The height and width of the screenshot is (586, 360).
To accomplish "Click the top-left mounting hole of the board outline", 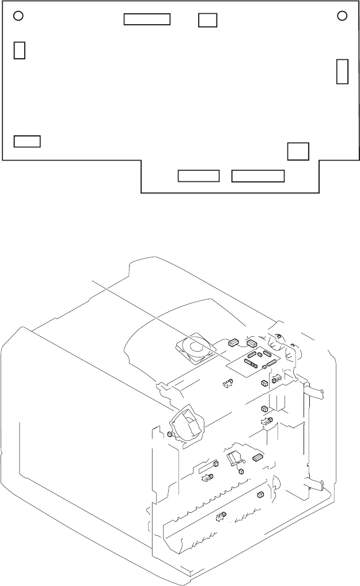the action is point(18,16).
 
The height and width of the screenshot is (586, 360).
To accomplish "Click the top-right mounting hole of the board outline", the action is point(342,16).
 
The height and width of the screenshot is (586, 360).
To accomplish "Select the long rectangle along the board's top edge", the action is point(147,19).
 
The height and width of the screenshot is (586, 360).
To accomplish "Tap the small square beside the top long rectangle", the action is point(207,20).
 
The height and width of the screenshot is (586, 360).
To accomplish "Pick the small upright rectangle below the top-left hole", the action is point(20,50).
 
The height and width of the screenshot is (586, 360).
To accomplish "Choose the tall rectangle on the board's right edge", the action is point(342,71).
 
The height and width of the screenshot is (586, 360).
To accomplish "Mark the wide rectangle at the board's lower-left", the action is point(27,141).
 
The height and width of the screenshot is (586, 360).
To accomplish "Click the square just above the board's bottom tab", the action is point(298,151).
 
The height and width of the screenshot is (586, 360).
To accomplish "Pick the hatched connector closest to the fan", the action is point(233,344).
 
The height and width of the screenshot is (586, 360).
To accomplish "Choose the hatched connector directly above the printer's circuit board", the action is point(252,344).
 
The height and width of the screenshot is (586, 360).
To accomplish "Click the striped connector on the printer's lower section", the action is point(257,458).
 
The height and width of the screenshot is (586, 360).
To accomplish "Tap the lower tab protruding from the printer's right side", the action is point(316,484).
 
